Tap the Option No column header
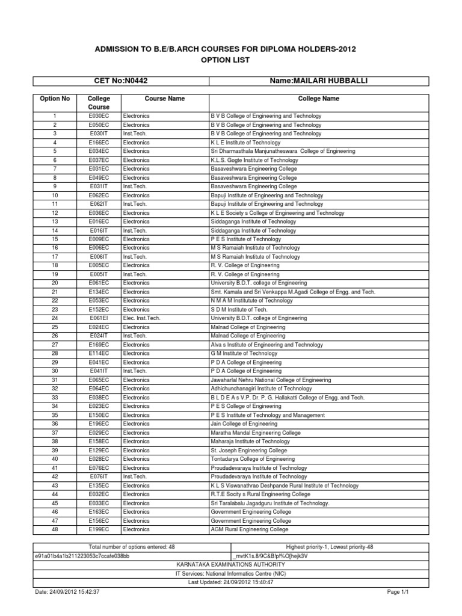[55, 99]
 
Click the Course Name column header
[164, 99]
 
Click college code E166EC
[99, 143]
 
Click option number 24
[55, 318]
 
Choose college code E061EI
[99, 318]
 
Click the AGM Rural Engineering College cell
[249, 529]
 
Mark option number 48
[55, 529]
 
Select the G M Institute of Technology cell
[244, 353]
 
